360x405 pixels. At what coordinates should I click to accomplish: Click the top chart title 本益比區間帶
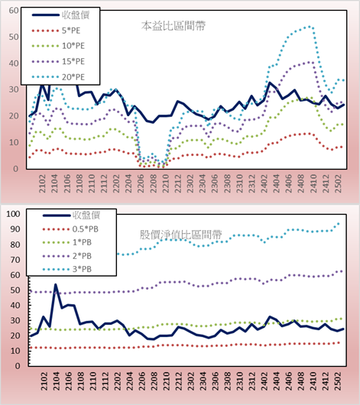click(174, 26)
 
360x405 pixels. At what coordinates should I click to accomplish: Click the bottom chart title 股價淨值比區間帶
click(180, 235)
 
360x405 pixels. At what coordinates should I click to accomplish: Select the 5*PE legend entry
click(56, 31)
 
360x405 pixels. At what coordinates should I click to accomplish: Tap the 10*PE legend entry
click(58, 46)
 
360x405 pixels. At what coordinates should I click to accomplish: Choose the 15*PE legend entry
click(58, 61)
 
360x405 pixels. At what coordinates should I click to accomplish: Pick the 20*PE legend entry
click(58, 77)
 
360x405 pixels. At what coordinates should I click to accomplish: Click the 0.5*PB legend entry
click(70, 229)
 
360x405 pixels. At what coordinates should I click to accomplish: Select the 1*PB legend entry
click(67, 242)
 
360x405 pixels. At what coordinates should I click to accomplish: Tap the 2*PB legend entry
click(67, 256)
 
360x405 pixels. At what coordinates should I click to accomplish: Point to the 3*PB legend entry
click(67, 269)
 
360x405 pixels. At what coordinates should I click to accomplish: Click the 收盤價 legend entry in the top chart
click(60, 15)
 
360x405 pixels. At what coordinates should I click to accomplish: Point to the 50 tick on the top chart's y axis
click(14, 37)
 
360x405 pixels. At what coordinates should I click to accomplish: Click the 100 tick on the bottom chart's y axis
click(13, 214)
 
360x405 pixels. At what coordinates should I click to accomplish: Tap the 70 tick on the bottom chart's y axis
click(15, 260)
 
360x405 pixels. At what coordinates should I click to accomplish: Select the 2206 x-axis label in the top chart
click(141, 183)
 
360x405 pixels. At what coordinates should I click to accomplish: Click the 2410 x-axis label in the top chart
click(313, 183)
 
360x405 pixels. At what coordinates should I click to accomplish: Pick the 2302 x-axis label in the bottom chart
click(191, 381)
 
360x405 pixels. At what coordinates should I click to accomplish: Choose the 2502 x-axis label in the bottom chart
click(339, 381)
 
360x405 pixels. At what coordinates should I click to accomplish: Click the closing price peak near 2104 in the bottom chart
click(55, 284)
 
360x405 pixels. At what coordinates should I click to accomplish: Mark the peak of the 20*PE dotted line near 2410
click(310, 27)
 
